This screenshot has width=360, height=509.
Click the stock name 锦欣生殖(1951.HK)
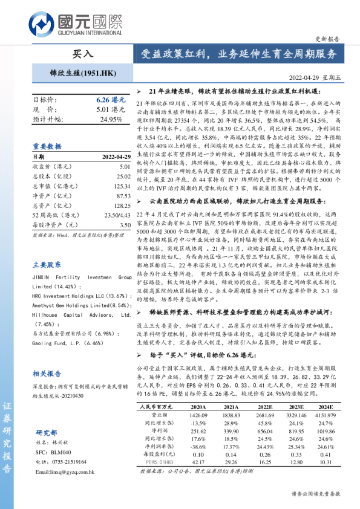point(82,73)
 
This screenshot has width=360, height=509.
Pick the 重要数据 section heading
point(47,146)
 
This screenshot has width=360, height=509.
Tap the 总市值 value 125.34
point(121,186)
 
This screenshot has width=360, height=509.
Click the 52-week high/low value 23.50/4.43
point(117,215)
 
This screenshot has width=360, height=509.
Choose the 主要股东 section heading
point(47,264)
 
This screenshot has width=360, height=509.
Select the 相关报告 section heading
point(47,374)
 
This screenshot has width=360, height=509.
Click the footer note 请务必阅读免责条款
point(316,493)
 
